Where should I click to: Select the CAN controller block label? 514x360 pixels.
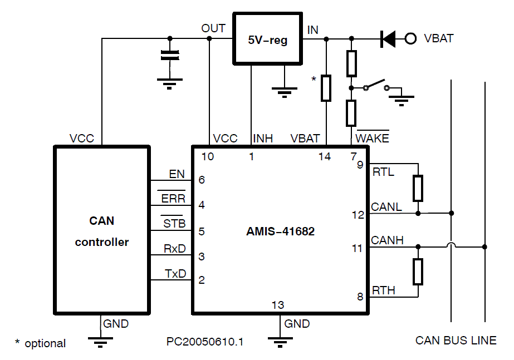coord(102,231)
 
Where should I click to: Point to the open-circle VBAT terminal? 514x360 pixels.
coord(411,38)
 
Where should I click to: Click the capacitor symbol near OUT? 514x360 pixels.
coord(170,55)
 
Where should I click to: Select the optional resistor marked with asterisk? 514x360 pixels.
coord(326,88)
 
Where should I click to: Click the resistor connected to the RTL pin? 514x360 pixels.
coord(418,188)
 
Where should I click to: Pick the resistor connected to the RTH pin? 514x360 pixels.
coord(418,271)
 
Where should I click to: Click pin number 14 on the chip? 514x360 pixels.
coord(325,157)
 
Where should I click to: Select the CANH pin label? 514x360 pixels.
coord(388,240)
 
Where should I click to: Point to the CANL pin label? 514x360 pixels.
coord(386,207)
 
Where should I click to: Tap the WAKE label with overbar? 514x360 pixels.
coord(373,138)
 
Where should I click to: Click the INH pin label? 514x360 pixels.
coord(263,139)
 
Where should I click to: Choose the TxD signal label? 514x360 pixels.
coord(175,274)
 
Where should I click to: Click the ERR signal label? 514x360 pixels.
coord(173,199)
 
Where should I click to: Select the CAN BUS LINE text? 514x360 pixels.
coord(456,341)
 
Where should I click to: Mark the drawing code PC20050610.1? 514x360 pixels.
coord(205,342)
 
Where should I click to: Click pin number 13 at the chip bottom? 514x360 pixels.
coord(277,305)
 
